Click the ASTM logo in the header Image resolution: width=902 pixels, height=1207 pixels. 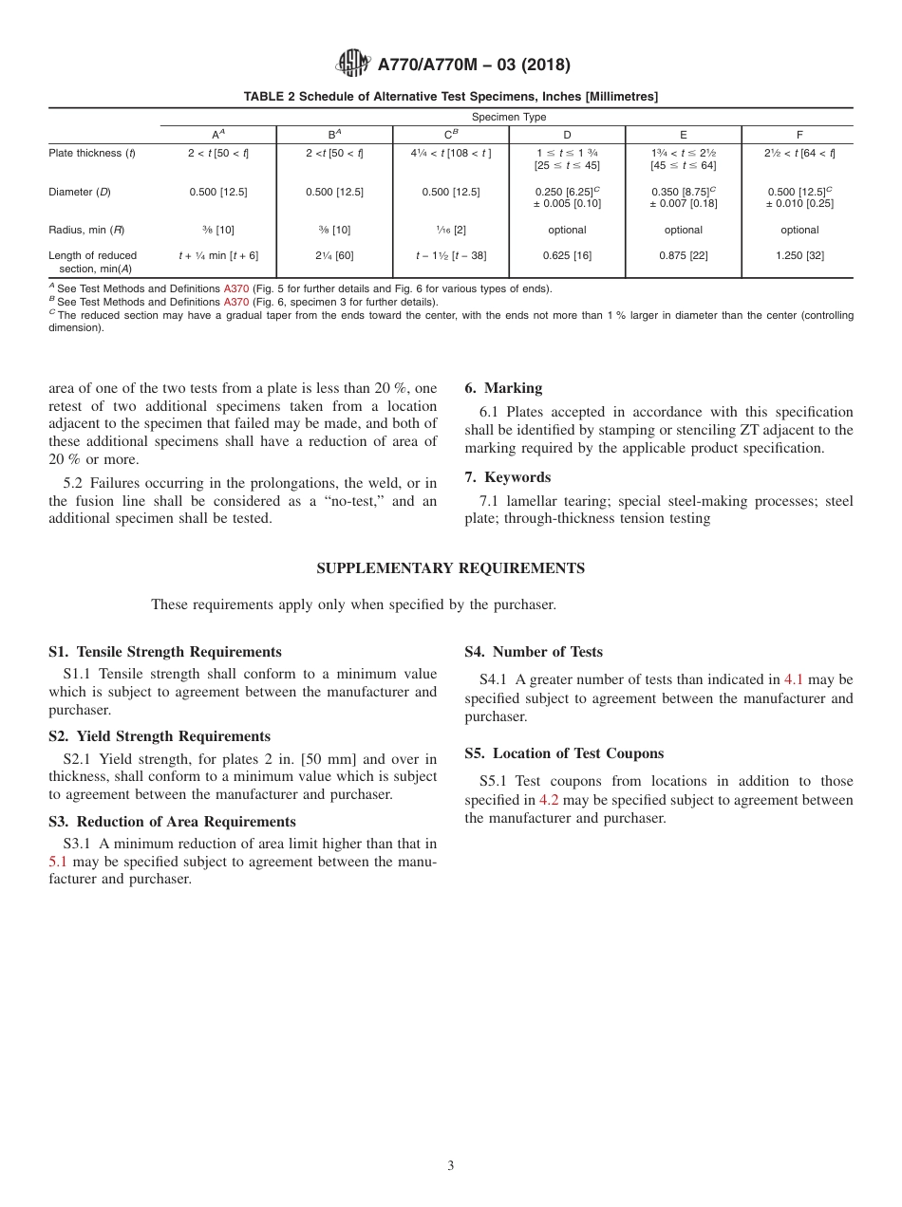click(353, 65)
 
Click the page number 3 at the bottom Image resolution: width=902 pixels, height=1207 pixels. click(451, 1165)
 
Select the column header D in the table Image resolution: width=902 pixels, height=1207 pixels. click(567, 135)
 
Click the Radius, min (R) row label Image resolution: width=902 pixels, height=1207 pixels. click(80, 230)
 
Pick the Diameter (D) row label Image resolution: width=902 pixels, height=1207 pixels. click(80, 192)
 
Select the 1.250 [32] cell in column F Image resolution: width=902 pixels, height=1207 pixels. click(799, 255)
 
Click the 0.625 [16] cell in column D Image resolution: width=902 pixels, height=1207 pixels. click(567, 255)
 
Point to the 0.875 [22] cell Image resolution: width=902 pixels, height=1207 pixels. click(683, 255)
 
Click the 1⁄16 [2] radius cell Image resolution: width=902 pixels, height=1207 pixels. click(451, 230)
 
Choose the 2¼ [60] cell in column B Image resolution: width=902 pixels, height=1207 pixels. click(334, 255)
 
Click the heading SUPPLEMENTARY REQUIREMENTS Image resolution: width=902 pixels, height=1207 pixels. click(450, 568)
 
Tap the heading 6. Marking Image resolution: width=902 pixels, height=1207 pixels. click(503, 388)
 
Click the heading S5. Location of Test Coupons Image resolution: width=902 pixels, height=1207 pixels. click(564, 753)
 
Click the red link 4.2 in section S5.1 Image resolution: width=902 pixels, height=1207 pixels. click(549, 800)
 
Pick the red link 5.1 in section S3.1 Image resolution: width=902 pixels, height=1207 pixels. click(58, 862)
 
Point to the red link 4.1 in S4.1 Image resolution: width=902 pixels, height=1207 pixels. click(794, 679)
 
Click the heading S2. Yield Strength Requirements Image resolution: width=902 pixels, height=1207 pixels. click(160, 736)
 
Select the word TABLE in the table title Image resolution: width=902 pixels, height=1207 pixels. click(263, 97)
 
